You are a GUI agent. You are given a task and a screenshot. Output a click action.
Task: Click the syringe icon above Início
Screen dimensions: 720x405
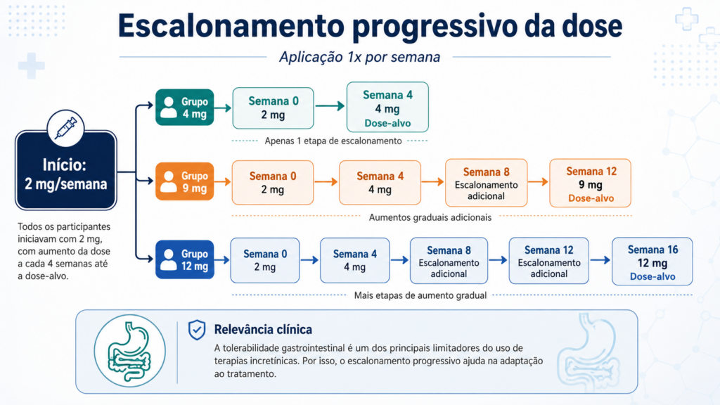(65, 128)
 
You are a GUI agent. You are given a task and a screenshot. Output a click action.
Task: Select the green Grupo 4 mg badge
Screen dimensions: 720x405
(185, 108)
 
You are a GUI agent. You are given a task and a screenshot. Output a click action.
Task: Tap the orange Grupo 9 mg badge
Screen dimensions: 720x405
(185, 181)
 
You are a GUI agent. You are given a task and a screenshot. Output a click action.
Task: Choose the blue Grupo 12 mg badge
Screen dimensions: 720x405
(185, 259)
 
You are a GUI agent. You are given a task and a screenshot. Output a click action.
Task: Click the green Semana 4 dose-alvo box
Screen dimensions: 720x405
(387, 108)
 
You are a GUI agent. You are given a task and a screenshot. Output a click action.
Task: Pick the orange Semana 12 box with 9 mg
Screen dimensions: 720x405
(591, 184)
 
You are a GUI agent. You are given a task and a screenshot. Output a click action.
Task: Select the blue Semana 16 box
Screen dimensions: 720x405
(652, 262)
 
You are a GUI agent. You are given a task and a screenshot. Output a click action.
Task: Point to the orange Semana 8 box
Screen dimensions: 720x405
(487, 183)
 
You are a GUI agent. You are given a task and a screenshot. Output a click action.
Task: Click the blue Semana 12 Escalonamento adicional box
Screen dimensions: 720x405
(548, 261)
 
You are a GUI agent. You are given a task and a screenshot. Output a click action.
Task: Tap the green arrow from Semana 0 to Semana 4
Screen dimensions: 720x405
(330, 106)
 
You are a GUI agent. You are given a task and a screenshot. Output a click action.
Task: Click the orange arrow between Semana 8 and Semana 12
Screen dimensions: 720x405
(538, 182)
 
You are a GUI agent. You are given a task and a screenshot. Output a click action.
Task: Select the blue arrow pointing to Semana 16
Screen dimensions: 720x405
(600, 260)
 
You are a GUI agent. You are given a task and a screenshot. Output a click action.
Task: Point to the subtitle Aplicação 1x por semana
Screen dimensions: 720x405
(359, 57)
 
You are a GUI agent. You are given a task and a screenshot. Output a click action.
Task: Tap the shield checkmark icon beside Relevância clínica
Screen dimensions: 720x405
(197, 330)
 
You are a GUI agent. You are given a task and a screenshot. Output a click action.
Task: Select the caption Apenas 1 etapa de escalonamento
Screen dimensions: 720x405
(333, 141)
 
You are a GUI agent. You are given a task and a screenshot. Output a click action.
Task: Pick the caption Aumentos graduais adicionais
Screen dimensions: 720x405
(430, 217)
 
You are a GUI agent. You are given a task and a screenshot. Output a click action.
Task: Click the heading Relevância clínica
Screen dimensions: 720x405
(263, 330)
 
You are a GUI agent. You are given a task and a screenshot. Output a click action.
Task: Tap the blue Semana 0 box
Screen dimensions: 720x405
(265, 260)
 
